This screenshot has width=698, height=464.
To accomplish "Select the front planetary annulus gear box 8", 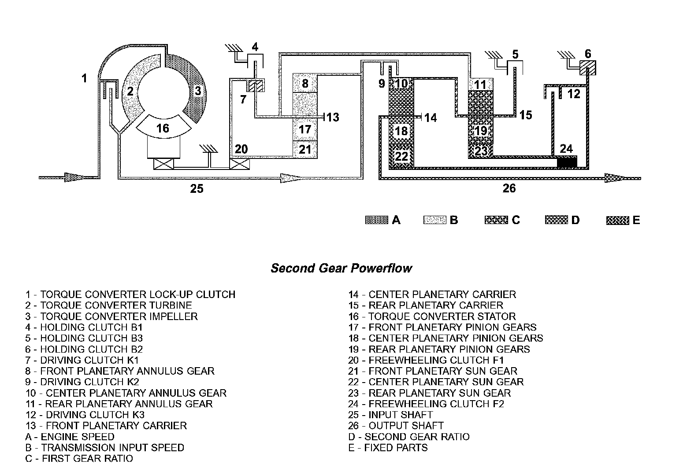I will (305, 83).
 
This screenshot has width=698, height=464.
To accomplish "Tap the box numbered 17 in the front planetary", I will (305, 129).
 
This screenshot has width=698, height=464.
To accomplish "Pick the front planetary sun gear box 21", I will (305, 149).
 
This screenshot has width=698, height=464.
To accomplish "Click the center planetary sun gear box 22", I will (401, 156).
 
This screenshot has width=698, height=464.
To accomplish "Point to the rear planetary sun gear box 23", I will (480, 151).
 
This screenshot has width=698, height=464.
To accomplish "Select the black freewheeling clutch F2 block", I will (567, 162).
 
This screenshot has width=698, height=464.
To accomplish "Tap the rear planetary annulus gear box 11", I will (480, 85).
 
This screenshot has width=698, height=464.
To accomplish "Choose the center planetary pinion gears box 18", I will (401, 131).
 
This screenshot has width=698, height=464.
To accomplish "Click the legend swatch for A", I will (377, 220).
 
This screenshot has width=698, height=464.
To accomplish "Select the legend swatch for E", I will (617, 220).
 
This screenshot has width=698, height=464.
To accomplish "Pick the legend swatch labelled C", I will (496, 220).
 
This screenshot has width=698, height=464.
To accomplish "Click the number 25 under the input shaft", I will (197, 188).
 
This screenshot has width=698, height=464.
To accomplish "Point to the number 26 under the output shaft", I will (509, 188).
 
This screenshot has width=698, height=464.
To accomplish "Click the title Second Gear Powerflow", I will (341, 268).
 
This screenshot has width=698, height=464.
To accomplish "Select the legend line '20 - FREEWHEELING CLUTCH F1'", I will (426, 360).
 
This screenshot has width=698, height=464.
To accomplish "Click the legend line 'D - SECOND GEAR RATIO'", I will (408, 437).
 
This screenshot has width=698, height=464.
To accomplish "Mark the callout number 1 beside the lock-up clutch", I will (84, 79).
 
